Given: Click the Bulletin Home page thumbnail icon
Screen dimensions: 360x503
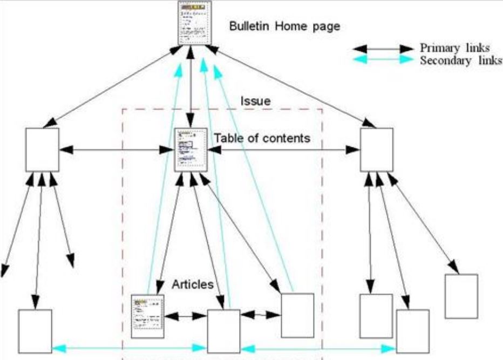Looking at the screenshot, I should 195,23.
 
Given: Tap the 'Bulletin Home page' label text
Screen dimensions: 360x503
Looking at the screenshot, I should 284,26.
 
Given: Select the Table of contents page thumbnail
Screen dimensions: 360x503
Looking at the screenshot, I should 191,150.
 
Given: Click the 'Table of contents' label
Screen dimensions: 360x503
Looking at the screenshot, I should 262,138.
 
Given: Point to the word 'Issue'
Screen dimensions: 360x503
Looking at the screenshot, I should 255,101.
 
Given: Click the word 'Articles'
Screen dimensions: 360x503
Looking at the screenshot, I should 193,284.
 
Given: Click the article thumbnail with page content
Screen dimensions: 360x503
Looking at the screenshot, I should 147,316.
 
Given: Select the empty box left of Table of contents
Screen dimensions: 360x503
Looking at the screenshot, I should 42,149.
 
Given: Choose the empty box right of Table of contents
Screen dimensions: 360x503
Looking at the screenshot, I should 377,149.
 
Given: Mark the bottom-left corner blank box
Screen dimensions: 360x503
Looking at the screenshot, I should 35,331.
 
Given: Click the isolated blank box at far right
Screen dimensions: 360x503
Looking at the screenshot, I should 461,296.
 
